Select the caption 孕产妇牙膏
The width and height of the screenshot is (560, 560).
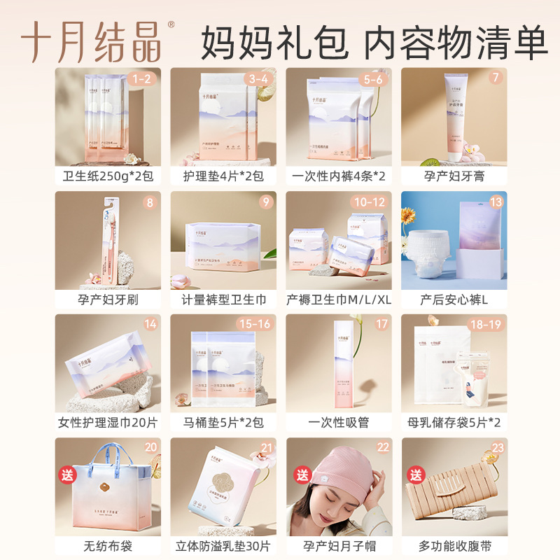coord(454,176)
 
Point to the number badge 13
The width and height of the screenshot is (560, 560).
coord(496,202)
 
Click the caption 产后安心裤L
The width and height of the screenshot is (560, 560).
coord(454,300)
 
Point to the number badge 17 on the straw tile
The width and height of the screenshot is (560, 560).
coord(381,325)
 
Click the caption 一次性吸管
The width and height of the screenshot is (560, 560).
coord(339,423)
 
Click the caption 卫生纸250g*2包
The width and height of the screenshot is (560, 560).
coord(108,176)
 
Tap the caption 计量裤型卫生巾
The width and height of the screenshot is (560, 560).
coord(223,300)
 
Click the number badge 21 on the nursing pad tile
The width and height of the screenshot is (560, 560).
coord(265,448)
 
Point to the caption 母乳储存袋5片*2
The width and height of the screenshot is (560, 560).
coord(454,423)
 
